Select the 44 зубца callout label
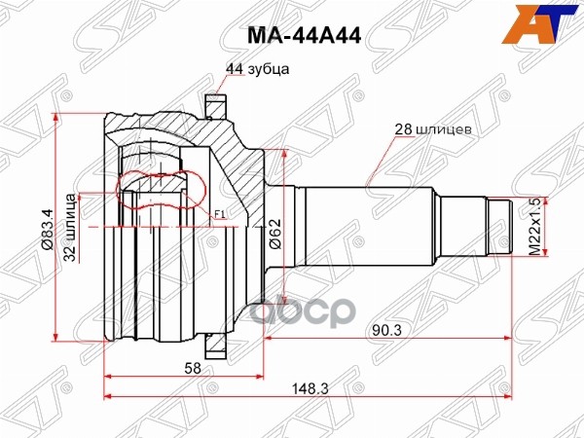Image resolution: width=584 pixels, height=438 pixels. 257,69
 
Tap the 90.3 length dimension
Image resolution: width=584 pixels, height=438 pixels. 387,330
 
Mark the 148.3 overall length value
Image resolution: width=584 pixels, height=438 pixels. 309,388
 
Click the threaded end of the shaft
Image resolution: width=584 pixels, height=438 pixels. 500,227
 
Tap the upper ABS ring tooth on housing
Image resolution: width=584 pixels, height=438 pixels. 215,101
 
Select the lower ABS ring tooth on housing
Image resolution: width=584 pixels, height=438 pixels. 215,344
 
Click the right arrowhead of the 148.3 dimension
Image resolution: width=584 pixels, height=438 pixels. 508,396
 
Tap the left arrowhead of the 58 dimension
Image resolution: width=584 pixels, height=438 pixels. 108,376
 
